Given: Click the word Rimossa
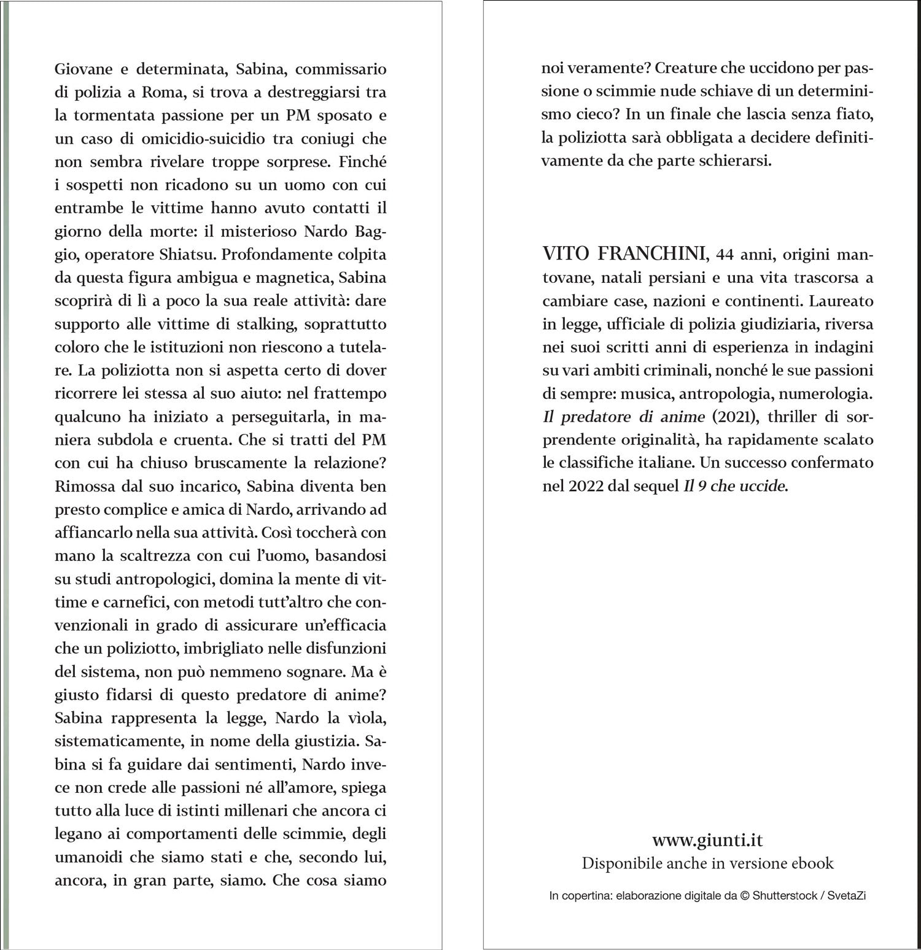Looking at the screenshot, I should point(83,486).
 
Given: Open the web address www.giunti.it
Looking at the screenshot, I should point(707,840).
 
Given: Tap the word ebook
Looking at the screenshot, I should point(814,863).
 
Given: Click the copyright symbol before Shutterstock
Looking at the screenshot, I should point(745,896).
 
